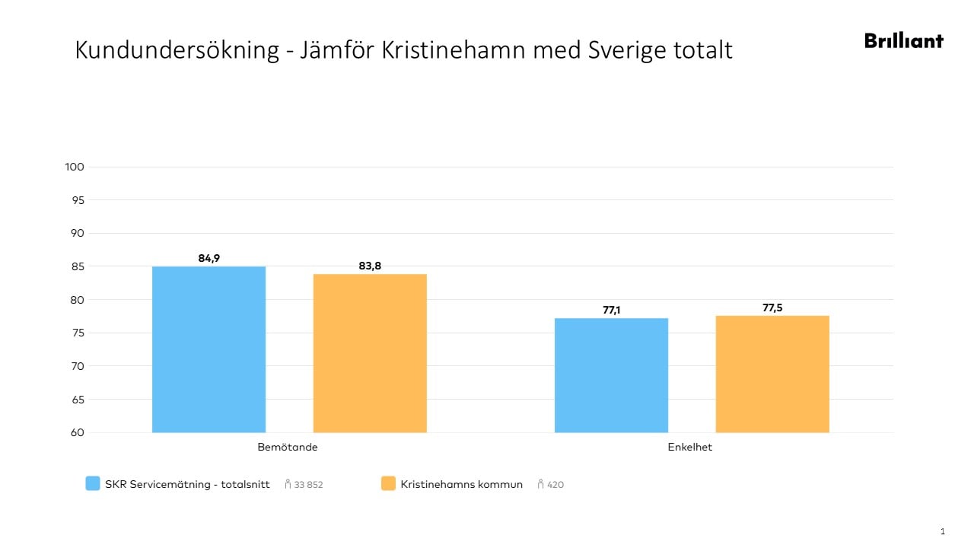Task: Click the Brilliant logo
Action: click(903, 41)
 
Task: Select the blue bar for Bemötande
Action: click(208, 349)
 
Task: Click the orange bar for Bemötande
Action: click(370, 353)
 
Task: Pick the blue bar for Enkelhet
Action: click(611, 375)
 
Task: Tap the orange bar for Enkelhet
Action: click(772, 374)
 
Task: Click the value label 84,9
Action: click(208, 259)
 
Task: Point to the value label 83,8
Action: click(370, 266)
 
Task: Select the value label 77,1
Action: click(611, 311)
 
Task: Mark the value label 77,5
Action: click(772, 308)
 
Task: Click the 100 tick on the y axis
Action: click(75, 167)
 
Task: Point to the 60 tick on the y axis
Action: click(78, 432)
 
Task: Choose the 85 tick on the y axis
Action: click(78, 266)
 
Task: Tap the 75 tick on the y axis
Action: click(78, 333)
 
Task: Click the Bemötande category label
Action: click(288, 448)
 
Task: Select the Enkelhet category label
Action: click(689, 448)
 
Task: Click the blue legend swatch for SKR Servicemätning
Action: click(93, 483)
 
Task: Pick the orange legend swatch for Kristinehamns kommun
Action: click(388, 483)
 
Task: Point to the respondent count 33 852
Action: click(308, 485)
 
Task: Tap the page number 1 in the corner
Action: click(943, 531)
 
